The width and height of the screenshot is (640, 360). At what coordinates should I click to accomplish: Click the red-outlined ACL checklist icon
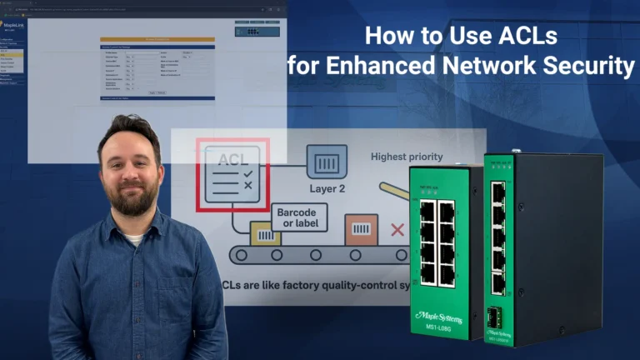point(232,175)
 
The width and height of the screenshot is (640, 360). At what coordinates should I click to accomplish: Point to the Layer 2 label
point(327,188)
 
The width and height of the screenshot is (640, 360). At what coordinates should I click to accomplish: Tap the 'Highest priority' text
point(407,156)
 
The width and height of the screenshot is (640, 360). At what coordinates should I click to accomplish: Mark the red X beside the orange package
point(397,227)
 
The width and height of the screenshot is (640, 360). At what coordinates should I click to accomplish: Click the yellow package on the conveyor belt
point(267,237)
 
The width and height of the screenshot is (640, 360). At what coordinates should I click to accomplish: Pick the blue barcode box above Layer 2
point(327,161)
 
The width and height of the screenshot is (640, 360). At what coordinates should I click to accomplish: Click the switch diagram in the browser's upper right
point(249,31)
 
